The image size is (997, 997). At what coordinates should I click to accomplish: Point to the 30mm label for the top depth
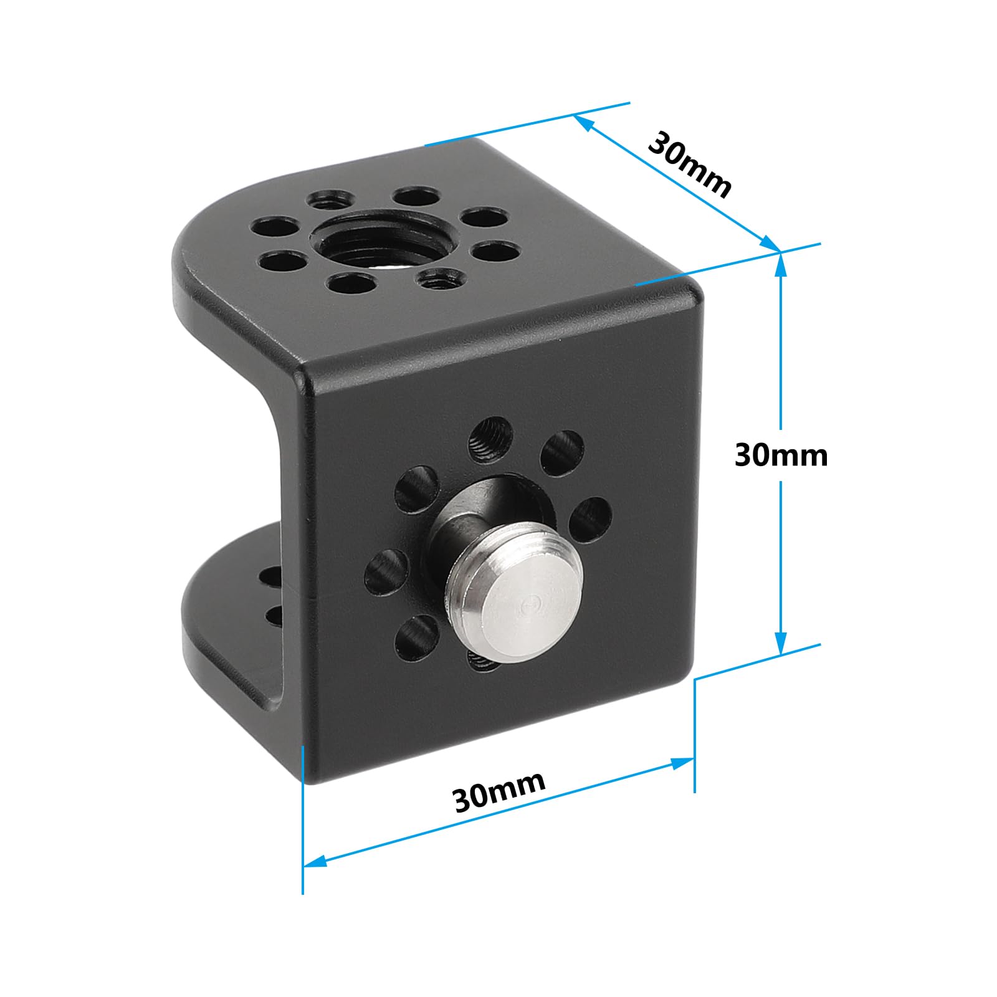tap(689, 165)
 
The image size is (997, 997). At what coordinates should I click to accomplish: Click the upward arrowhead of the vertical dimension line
tap(781, 262)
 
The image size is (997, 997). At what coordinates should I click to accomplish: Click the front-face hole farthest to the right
tap(589, 519)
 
